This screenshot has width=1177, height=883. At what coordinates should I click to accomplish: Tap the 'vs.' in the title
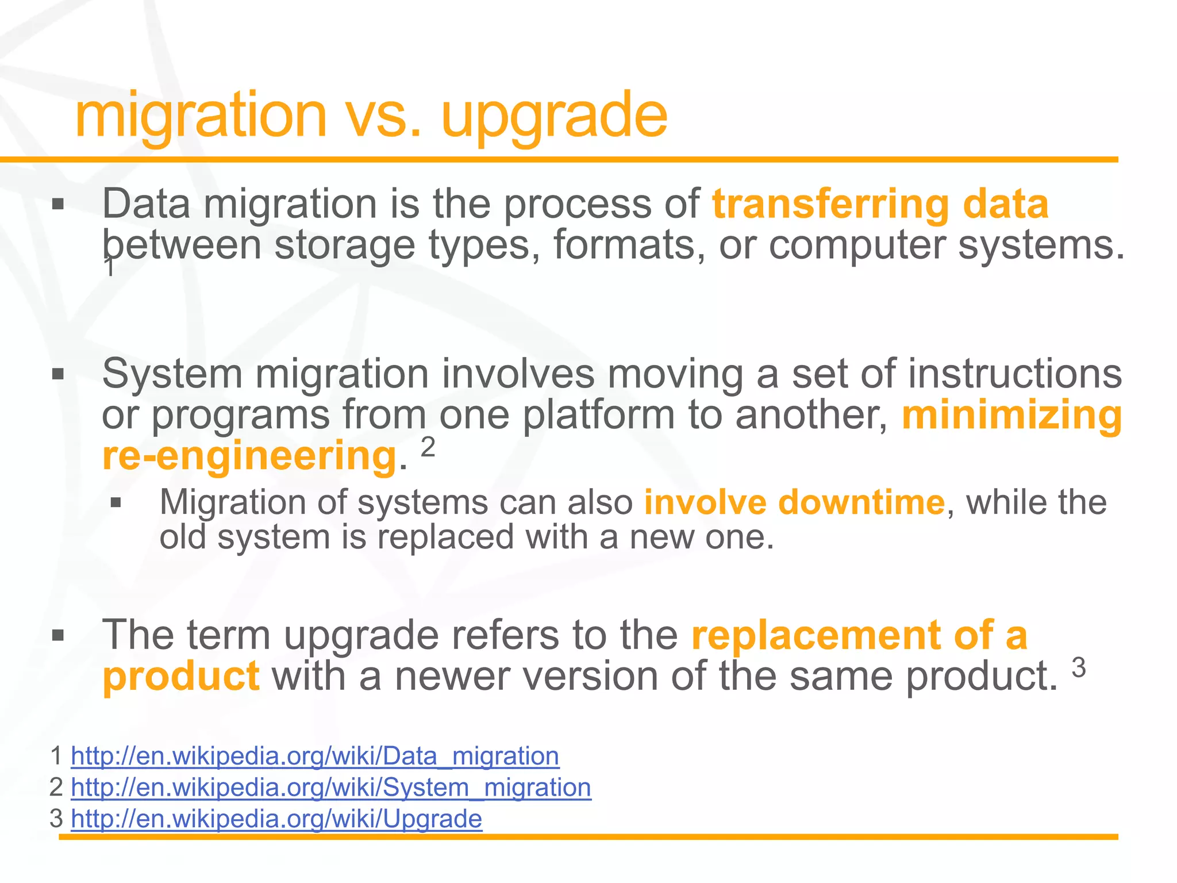pyautogui.click(x=384, y=118)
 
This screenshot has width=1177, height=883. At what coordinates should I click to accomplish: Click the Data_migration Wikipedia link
pyautogui.click(x=314, y=755)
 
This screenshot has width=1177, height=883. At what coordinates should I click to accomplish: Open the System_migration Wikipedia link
pyautogui.click(x=330, y=787)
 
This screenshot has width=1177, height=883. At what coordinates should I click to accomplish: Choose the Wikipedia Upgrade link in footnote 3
pyautogui.click(x=276, y=818)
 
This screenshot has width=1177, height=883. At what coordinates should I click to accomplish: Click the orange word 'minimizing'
pyautogui.click(x=1011, y=415)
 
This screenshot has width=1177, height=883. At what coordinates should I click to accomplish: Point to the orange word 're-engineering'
pyautogui.click(x=249, y=456)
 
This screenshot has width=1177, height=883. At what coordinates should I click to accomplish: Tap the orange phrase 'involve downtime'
pyautogui.click(x=794, y=502)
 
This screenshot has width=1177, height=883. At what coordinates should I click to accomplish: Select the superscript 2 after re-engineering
pyautogui.click(x=428, y=447)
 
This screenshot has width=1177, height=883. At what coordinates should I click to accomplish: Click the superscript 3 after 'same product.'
pyautogui.click(x=1079, y=668)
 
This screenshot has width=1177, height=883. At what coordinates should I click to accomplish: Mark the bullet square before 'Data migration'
pyautogui.click(x=57, y=205)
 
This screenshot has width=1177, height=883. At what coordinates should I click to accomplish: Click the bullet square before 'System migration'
pyautogui.click(x=57, y=375)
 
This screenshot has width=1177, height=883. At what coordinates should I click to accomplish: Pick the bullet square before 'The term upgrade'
pyautogui.click(x=57, y=636)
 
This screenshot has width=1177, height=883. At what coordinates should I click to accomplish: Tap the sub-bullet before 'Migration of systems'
pyautogui.click(x=116, y=503)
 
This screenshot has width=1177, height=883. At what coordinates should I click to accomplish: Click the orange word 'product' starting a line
pyautogui.click(x=180, y=677)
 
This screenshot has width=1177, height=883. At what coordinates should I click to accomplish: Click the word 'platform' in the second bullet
pyautogui.click(x=598, y=415)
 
